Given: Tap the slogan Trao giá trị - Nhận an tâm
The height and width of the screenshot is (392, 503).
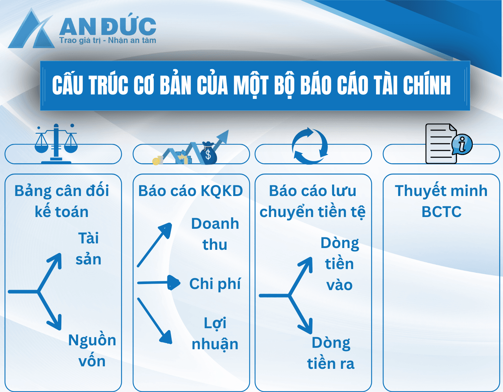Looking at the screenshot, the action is point(108,41).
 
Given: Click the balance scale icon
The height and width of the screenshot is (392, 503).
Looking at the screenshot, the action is point(56,144).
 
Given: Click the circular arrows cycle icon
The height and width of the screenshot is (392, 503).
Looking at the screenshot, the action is point(310,146).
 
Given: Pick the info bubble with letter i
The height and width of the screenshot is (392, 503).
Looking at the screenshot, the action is point(462,144).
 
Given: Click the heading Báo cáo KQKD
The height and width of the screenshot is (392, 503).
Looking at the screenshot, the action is point(190,191).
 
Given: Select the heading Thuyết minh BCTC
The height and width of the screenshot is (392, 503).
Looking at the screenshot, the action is point(441,201).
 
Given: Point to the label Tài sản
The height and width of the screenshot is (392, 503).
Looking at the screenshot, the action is point(88,248).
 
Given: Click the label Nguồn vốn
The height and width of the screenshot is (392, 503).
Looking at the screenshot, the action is point(92,351).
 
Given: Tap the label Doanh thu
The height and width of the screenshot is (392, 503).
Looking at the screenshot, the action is point(215,234).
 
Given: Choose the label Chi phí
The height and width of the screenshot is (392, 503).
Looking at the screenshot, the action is point(215,284).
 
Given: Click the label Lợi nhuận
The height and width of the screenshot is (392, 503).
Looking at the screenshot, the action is point(215,334).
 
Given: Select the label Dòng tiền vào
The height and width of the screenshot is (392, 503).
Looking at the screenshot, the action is point(340,264).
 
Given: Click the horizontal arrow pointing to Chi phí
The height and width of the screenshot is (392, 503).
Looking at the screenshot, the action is point(159,283).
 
